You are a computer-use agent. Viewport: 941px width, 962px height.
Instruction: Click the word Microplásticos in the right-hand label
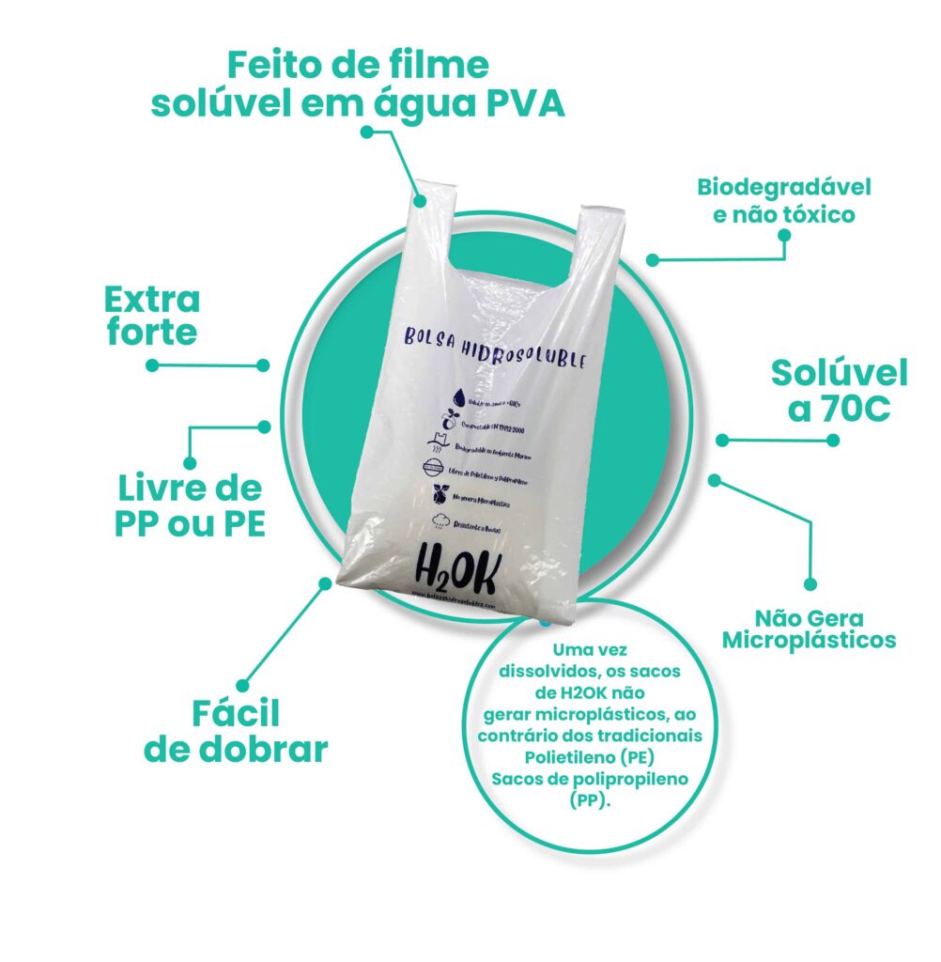(x=812, y=641)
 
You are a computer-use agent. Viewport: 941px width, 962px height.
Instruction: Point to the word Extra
(x=152, y=300)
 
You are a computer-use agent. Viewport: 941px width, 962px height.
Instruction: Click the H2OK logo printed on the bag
(x=458, y=569)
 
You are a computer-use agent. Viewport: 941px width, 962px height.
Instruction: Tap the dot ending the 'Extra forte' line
(x=263, y=365)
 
